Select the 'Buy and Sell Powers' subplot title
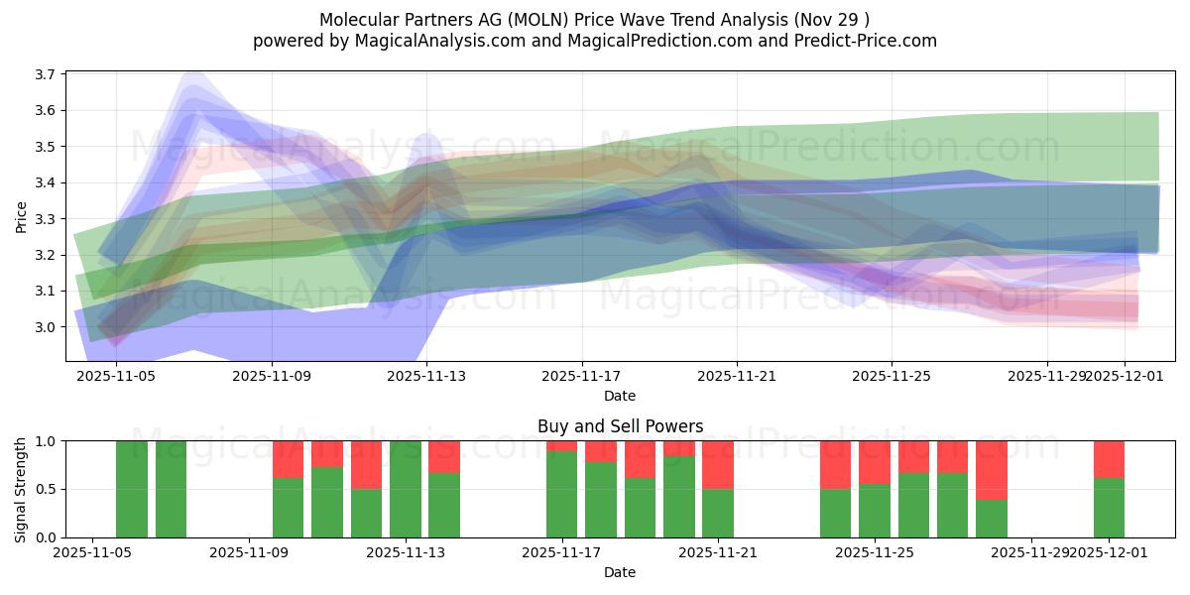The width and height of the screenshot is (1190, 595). point(620,426)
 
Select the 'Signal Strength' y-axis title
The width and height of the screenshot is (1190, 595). point(21,489)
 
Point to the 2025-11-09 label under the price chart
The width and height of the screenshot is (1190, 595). point(273,377)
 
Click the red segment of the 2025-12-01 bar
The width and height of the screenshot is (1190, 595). point(1109,459)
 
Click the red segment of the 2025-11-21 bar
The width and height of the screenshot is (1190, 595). point(718,464)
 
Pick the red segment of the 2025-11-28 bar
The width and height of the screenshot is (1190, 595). point(992,469)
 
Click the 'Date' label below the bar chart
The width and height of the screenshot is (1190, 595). point(620,572)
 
